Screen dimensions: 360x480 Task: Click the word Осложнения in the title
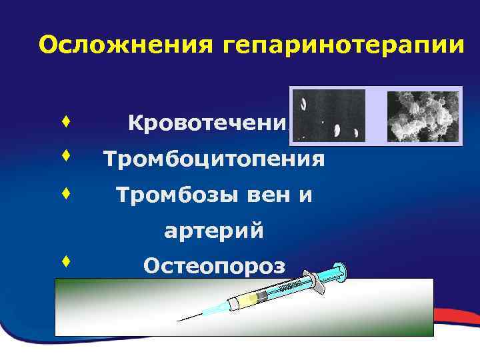pyautogui.click(x=124, y=45)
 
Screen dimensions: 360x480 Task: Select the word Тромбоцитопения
pyautogui.click(x=214, y=159)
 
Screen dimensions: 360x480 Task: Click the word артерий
pyautogui.click(x=214, y=231)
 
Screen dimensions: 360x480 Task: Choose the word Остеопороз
pyautogui.click(x=214, y=267)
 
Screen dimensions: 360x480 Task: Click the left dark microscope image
pyautogui.click(x=329, y=115)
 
